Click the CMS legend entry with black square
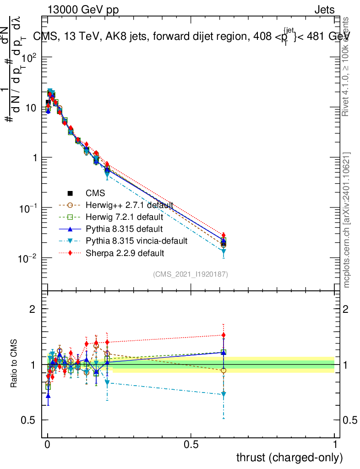coord(92,193)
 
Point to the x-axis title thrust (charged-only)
coord(289,458)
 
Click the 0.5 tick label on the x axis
coord(191,444)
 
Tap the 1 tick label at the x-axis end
coord(335,444)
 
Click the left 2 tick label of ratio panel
coord(33,309)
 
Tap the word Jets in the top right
coord(324,10)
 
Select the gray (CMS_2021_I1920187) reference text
coord(191,274)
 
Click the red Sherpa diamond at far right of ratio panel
coord(224,335)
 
